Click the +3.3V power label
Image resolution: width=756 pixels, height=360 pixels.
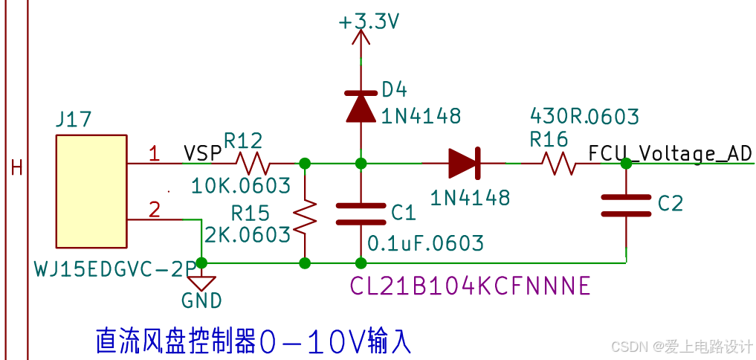tap(369, 22)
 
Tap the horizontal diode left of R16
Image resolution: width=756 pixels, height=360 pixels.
tap(464, 162)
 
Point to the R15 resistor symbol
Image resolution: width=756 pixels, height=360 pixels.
tap(305, 215)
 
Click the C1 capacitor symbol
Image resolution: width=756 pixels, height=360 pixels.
tap(361, 213)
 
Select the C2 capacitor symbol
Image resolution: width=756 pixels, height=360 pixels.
tap(626, 205)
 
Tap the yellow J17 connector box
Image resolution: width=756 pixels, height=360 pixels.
tap(91, 192)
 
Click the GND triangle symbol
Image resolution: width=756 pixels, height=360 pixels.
tap(202, 283)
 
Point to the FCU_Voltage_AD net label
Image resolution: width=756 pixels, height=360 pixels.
tap(670, 153)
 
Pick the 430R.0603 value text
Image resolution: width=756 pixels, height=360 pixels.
tap(584, 116)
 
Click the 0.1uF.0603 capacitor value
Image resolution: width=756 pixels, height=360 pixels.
tap(426, 243)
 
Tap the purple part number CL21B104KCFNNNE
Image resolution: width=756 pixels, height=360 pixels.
tap(470, 285)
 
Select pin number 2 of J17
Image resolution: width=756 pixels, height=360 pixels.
tap(155, 210)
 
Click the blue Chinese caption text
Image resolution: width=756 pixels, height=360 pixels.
tap(253, 341)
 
